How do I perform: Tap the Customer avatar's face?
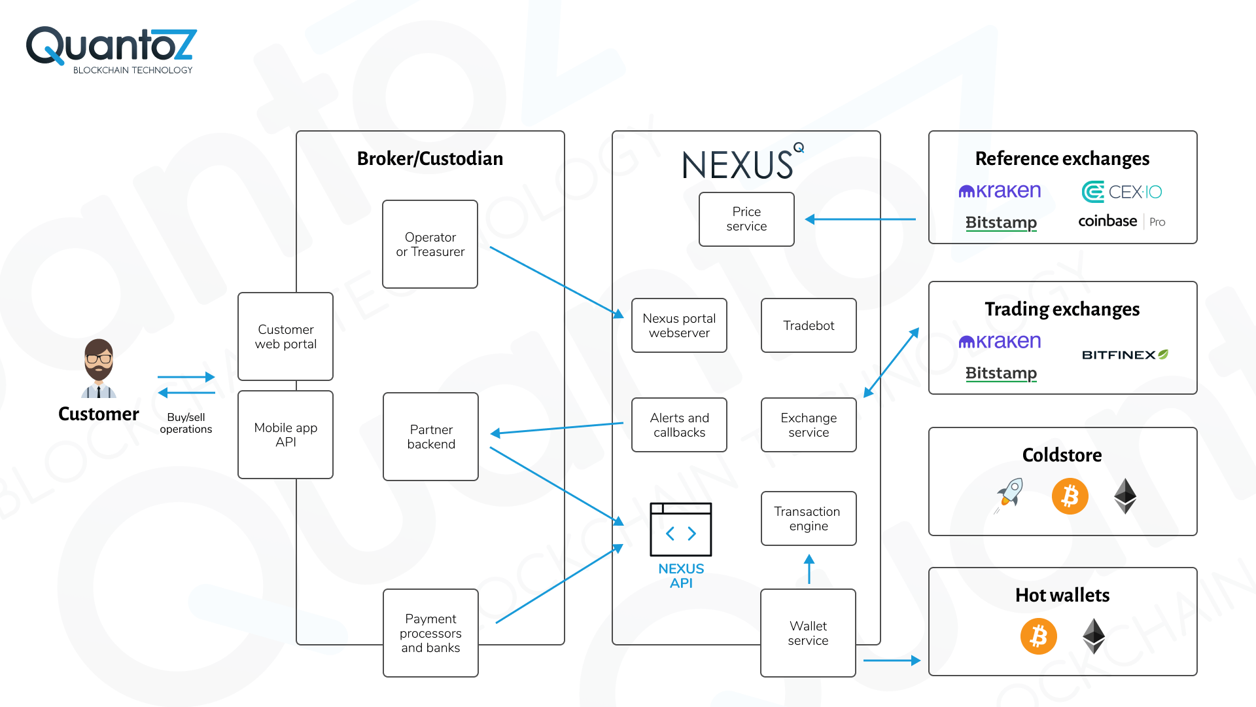tap(99, 359)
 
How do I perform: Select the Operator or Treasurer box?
tap(430, 244)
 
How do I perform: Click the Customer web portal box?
tap(285, 336)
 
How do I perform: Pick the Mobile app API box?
tap(285, 435)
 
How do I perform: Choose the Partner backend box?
tap(430, 437)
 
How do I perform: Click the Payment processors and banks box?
tap(430, 633)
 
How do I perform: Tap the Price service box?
tap(746, 219)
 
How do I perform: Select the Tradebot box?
tap(809, 325)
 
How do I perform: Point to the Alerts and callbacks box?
tap(679, 425)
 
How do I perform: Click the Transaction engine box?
tap(809, 518)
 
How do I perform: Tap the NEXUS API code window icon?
tap(680, 530)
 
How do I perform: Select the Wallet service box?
tap(808, 633)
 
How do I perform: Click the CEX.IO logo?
tap(1122, 192)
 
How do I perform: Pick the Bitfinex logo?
tap(1125, 355)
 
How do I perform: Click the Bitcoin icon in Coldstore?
tap(1070, 496)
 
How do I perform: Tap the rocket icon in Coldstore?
tap(1009, 495)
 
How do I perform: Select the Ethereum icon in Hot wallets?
tap(1094, 636)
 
